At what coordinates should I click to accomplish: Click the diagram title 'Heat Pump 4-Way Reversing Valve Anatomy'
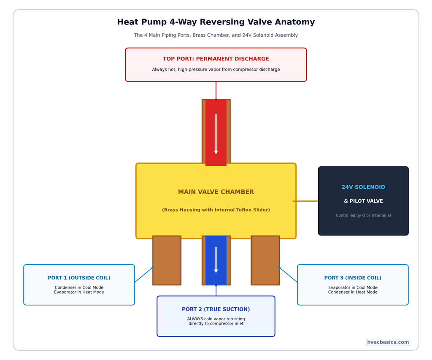point(216,22)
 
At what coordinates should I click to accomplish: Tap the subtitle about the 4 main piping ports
point(216,35)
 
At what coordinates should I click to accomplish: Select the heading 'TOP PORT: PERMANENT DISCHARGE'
point(216,59)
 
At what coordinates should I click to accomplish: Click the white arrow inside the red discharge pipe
point(216,134)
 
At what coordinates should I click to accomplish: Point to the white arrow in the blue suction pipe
point(216,260)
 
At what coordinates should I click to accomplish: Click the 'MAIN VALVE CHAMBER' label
point(216,192)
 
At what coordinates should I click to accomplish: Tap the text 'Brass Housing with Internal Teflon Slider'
point(216,210)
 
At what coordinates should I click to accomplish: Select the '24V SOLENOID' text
point(363,187)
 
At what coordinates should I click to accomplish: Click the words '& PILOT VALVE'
point(363,201)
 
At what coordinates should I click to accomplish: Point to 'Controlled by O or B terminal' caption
point(363,216)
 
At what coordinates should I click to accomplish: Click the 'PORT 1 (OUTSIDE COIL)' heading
point(79,278)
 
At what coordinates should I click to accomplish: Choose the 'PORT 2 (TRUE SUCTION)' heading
point(216,309)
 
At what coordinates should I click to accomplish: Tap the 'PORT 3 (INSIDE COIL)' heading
point(353,278)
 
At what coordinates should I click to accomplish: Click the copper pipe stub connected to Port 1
point(167,260)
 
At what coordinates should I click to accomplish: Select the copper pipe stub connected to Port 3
point(265,260)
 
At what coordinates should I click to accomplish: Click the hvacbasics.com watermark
point(388,342)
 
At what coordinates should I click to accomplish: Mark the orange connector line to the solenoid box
point(305,201)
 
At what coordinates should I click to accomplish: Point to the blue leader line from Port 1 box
point(144,275)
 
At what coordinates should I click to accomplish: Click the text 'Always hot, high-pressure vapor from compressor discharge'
point(216,70)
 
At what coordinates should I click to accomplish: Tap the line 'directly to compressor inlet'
point(216,324)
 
